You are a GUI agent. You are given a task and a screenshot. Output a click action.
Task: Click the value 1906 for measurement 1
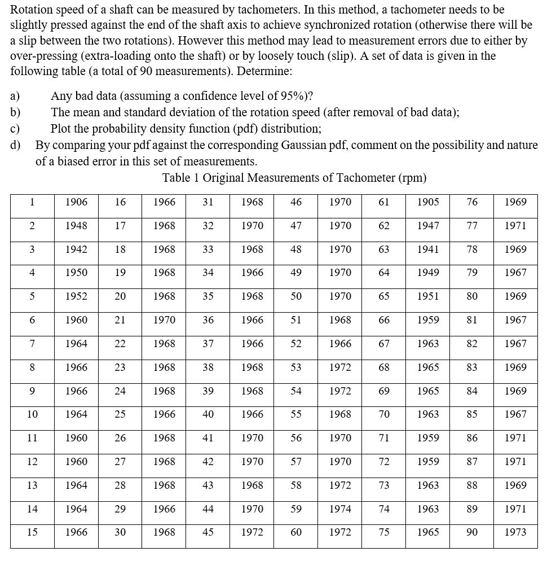point(76,202)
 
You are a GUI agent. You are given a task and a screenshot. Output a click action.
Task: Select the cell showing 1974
point(340,509)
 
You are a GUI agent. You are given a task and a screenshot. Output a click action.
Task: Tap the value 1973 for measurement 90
point(515,532)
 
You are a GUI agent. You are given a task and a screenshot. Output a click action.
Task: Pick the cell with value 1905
point(428,202)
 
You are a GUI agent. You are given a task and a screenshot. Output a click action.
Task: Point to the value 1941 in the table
point(428,249)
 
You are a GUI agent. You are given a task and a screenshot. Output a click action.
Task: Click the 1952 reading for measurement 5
point(76,296)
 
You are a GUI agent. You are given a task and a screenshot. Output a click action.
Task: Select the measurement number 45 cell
point(208,532)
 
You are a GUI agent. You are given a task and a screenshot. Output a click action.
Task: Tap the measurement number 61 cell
point(383,202)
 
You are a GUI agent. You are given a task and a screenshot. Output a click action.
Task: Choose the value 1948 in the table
point(76,226)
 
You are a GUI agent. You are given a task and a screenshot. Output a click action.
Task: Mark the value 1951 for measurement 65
point(428,296)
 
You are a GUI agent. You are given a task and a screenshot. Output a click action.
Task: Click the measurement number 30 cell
point(120,532)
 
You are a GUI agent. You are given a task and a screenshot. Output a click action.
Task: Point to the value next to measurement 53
point(340,367)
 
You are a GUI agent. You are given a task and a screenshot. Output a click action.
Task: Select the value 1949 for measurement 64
point(428,273)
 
